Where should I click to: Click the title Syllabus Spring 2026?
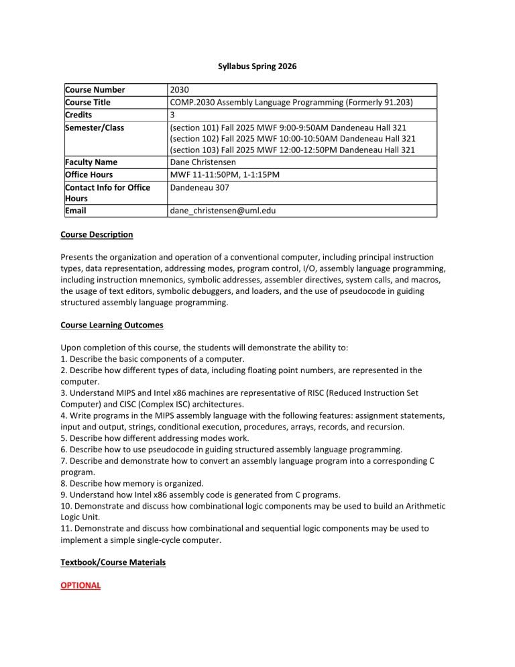pyautogui.click(x=257, y=68)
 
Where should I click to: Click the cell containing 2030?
pyautogui.click(x=179, y=90)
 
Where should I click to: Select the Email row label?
pyautogui.click(x=76, y=211)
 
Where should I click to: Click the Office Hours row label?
pyautogui.click(x=90, y=174)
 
